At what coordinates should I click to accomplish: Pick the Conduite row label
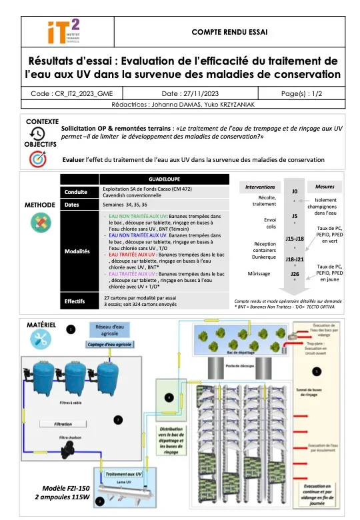78,192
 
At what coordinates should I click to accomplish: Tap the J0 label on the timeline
295,191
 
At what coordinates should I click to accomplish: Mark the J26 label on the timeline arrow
295,274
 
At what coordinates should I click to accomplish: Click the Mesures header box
325,187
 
